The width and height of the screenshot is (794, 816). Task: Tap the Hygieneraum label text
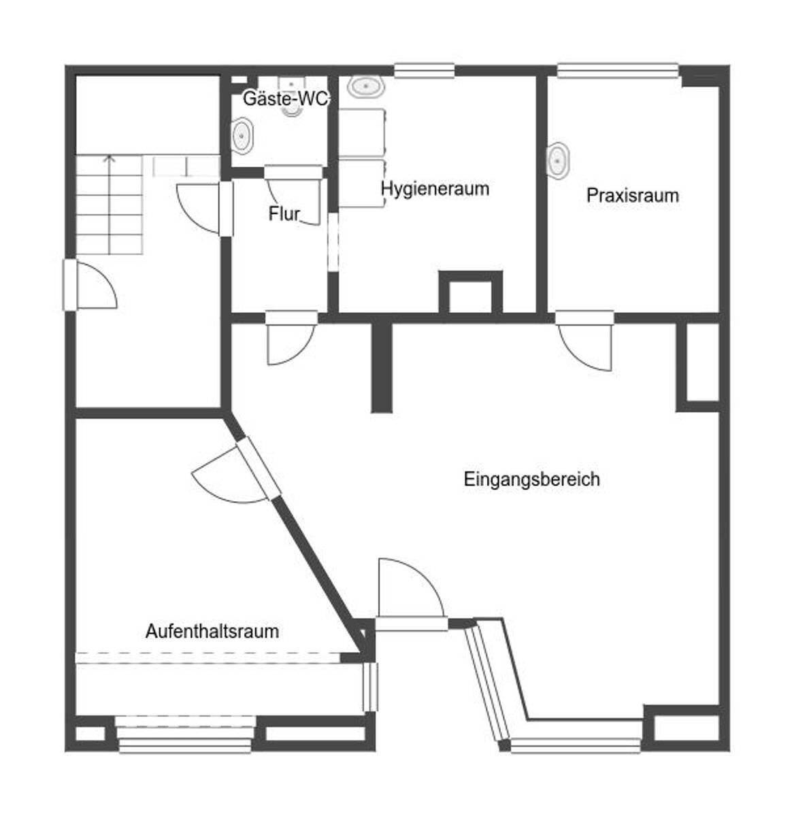(435, 188)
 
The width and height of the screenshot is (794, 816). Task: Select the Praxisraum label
(632, 196)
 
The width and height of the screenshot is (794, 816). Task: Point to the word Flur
(284, 214)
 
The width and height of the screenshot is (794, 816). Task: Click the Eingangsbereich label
(531, 479)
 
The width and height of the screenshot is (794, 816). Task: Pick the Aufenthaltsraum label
(212, 631)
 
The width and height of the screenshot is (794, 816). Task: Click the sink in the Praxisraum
(559, 160)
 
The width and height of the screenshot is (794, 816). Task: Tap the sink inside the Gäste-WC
(242, 135)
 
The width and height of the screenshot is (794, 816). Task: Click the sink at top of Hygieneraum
(366, 86)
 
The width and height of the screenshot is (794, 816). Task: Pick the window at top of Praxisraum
(618, 69)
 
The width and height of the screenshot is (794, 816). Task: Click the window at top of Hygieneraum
(424, 69)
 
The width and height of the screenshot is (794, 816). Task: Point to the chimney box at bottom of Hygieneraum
(470, 292)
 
